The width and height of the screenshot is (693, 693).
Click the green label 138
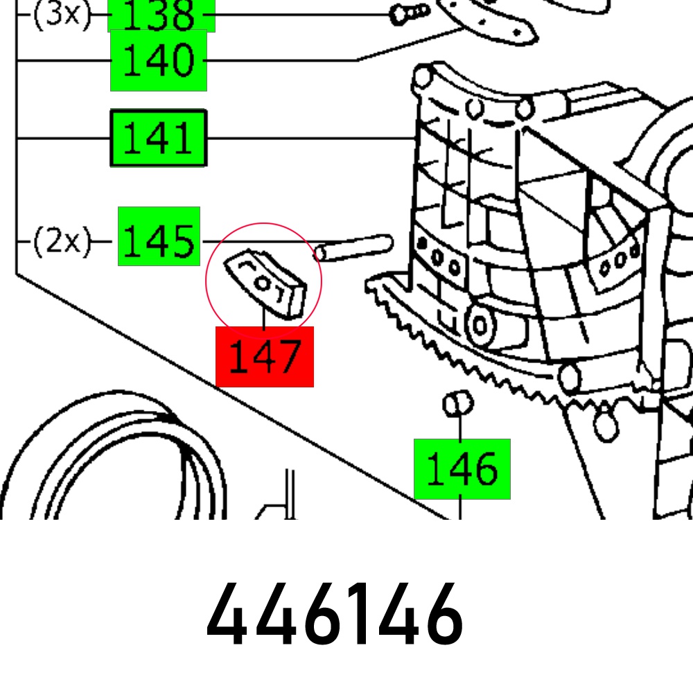tap(161, 15)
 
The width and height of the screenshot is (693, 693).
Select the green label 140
tap(159, 60)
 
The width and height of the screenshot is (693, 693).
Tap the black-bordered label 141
tap(159, 139)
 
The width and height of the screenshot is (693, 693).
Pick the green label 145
tap(159, 236)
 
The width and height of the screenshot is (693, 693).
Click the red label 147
tap(265, 357)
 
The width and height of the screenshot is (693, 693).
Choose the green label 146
tap(462, 469)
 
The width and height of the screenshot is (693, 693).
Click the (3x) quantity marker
tap(62, 15)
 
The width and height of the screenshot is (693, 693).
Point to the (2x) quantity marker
tap(62, 241)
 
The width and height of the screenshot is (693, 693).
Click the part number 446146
tap(335, 614)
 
